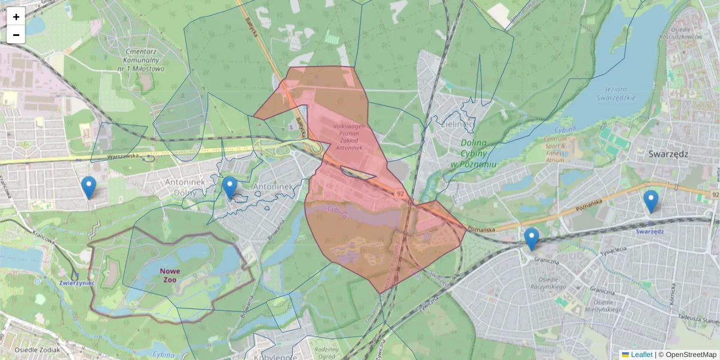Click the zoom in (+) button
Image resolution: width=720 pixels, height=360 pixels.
click(x=16, y=17)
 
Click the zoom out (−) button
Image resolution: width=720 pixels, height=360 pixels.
click(x=16, y=35)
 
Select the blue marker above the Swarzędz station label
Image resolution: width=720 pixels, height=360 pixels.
click(x=650, y=202)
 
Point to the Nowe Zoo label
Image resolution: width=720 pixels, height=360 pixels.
click(x=170, y=275)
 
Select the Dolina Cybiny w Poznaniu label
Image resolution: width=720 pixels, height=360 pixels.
click(x=478, y=153)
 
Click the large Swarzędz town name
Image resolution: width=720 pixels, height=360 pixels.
click(x=668, y=154)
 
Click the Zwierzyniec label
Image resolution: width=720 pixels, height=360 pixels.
click(x=77, y=283)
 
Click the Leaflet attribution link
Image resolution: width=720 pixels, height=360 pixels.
click(x=641, y=355)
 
